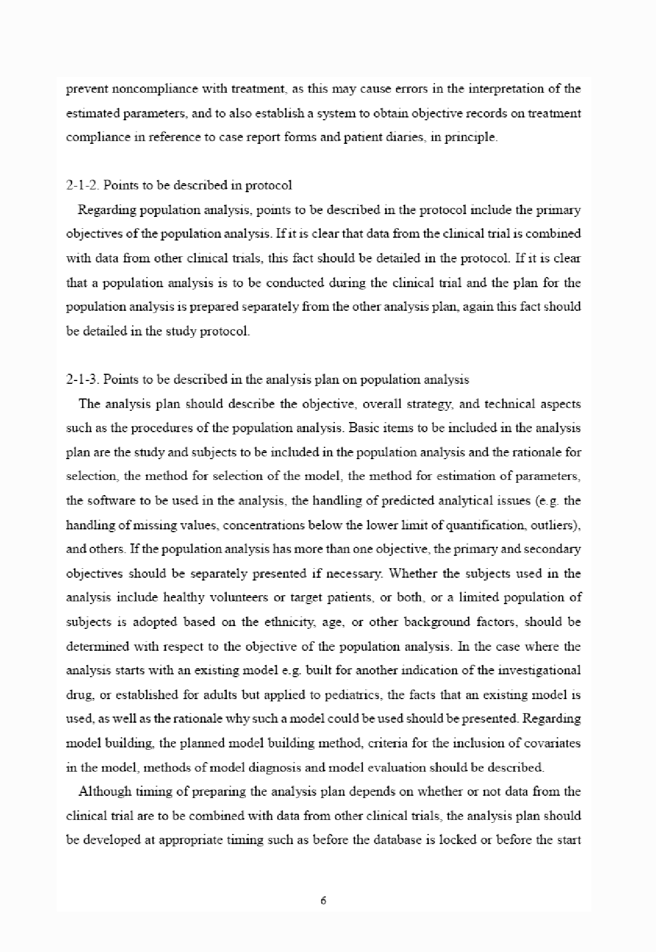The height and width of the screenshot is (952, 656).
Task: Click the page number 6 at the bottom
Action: (323, 901)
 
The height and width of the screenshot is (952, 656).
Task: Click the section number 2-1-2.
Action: (83, 185)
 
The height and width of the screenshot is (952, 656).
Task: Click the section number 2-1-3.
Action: (83, 379)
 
